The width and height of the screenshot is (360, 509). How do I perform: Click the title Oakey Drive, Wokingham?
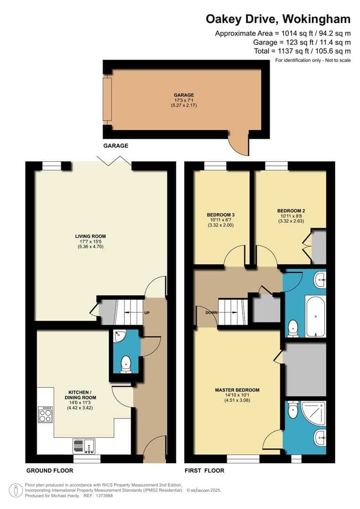click(278, 19)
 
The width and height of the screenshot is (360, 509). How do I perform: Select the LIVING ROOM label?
click(90, 236)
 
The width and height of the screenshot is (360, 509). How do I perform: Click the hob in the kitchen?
click(46, 415)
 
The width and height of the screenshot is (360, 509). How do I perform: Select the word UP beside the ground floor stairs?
click(147, 312)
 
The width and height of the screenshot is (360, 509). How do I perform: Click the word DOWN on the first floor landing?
click(211, 312)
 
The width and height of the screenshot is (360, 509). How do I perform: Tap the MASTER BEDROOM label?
click(237, 390)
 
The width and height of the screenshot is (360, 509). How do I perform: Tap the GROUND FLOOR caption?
click(49, 470)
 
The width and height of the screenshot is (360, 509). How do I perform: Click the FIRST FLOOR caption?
click(205, 470)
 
